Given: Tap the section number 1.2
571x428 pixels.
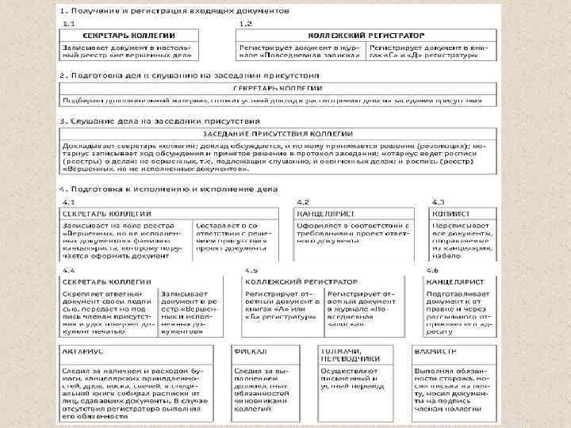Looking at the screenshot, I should coord(245,25).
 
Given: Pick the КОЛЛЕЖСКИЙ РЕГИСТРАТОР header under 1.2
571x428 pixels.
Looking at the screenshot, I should coord(367,35).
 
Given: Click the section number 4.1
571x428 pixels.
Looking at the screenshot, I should coord(70,202).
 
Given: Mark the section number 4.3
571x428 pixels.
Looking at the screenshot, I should coord(438,202).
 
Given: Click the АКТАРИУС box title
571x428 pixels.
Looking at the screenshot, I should coord(82,350).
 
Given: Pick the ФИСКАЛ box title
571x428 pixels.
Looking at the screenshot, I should coord(247,350).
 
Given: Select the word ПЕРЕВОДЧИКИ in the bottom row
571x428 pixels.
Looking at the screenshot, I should coord(350,358).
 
